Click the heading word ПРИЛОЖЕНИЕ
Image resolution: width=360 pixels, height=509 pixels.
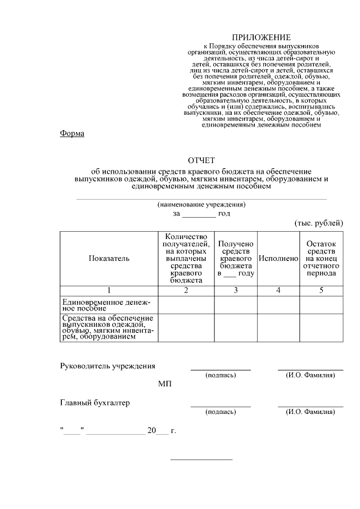click(262, 37)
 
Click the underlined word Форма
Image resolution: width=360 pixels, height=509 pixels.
click(72, 133)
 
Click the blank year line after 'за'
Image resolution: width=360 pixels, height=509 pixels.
click(199, 214)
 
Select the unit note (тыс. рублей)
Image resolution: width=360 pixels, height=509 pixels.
click(318, 223)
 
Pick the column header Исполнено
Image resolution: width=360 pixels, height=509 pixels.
click(278, 258)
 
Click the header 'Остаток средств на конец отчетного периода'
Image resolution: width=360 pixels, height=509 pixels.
click(321, 258)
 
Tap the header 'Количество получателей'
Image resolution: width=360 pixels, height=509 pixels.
click(186, 258)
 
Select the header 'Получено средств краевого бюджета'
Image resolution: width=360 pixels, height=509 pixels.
click(236, 258)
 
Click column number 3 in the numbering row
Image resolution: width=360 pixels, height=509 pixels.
click(236, 291)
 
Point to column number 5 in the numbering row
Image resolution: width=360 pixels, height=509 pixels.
click(321, 291)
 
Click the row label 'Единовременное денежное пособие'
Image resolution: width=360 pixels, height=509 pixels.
click(106, 305)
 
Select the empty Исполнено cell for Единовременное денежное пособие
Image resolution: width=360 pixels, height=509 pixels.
click(278, 305)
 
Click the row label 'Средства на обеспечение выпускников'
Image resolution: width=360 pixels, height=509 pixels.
click(108, 328)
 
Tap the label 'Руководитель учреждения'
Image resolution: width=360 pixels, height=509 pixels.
click(107, 366)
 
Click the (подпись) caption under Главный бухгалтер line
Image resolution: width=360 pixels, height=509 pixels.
click(220, 412)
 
